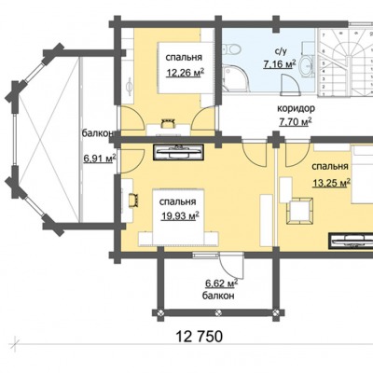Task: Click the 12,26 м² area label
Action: [186, 73]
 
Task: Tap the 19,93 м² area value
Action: [180, 215]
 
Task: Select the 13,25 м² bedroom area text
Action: [332, 183]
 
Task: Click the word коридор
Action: [296, 108]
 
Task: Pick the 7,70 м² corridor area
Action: [296, 122]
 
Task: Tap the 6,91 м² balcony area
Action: [100, 159]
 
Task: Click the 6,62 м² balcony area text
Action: [222, 283]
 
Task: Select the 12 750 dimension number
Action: [200, 337]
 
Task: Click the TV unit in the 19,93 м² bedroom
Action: [178, 153]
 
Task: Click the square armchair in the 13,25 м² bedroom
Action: [299, 211]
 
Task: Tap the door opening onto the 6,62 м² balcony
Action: [231, 265]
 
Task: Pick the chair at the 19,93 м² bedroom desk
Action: [133, 200]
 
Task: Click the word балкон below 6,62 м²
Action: [218, 296]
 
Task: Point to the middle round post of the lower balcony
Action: [219, 312]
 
